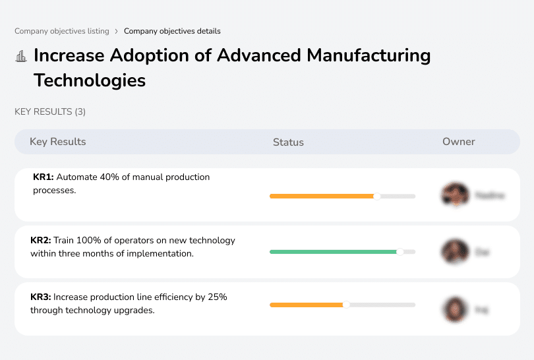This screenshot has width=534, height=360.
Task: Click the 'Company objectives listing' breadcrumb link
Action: point(63,31)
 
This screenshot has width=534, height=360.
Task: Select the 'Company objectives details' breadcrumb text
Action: point(172,31)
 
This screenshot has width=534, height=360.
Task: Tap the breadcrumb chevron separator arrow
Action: point(116,31)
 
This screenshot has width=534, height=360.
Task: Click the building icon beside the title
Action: point(21,56)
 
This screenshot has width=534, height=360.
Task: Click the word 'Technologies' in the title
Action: point(90,80)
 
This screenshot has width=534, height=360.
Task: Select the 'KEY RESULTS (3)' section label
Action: point(50,112)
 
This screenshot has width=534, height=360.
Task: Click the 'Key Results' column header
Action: point(58,142)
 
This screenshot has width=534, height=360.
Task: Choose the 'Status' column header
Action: point(288,142)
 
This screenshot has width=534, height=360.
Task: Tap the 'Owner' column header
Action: point(459,142)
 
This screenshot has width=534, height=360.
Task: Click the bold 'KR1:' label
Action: point(44,177)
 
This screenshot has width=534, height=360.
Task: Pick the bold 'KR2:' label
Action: point(42,241)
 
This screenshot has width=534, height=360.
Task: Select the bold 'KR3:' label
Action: point(42,297)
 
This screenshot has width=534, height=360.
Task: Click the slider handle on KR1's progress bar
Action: point(377,196)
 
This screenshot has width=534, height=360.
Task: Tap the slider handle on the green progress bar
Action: point(400,252)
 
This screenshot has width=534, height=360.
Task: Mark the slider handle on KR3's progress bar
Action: point(346,305)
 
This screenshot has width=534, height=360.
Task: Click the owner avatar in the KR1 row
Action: point(455,195)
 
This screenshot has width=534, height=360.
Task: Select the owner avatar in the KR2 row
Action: point(455,252)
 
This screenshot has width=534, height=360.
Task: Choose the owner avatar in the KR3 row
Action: point(455,309)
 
